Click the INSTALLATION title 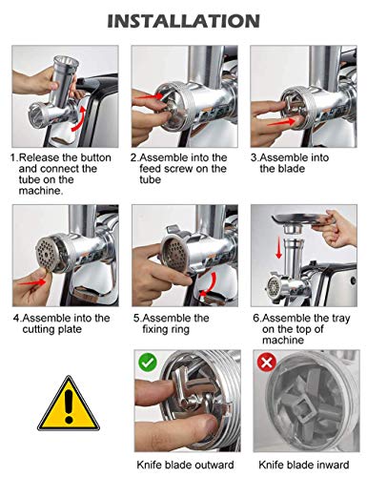click(x=184, y=21)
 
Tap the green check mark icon click(x=148, y=362)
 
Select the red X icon click(x=267, y=363)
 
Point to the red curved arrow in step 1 click(x=79, y=118)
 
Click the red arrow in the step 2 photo click(x=149, y=96)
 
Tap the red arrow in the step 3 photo click(x=281, y=121)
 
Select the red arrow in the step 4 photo click(x=32, y=281)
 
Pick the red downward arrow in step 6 click(x=279, y=247)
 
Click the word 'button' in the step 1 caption click(x=95, y=157)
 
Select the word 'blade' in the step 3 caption click(x=291, y=169)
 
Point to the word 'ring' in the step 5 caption click(x=179, y=329)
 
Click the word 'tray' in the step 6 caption click(x=339, y=319)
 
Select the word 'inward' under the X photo click(x=333, y=465)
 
